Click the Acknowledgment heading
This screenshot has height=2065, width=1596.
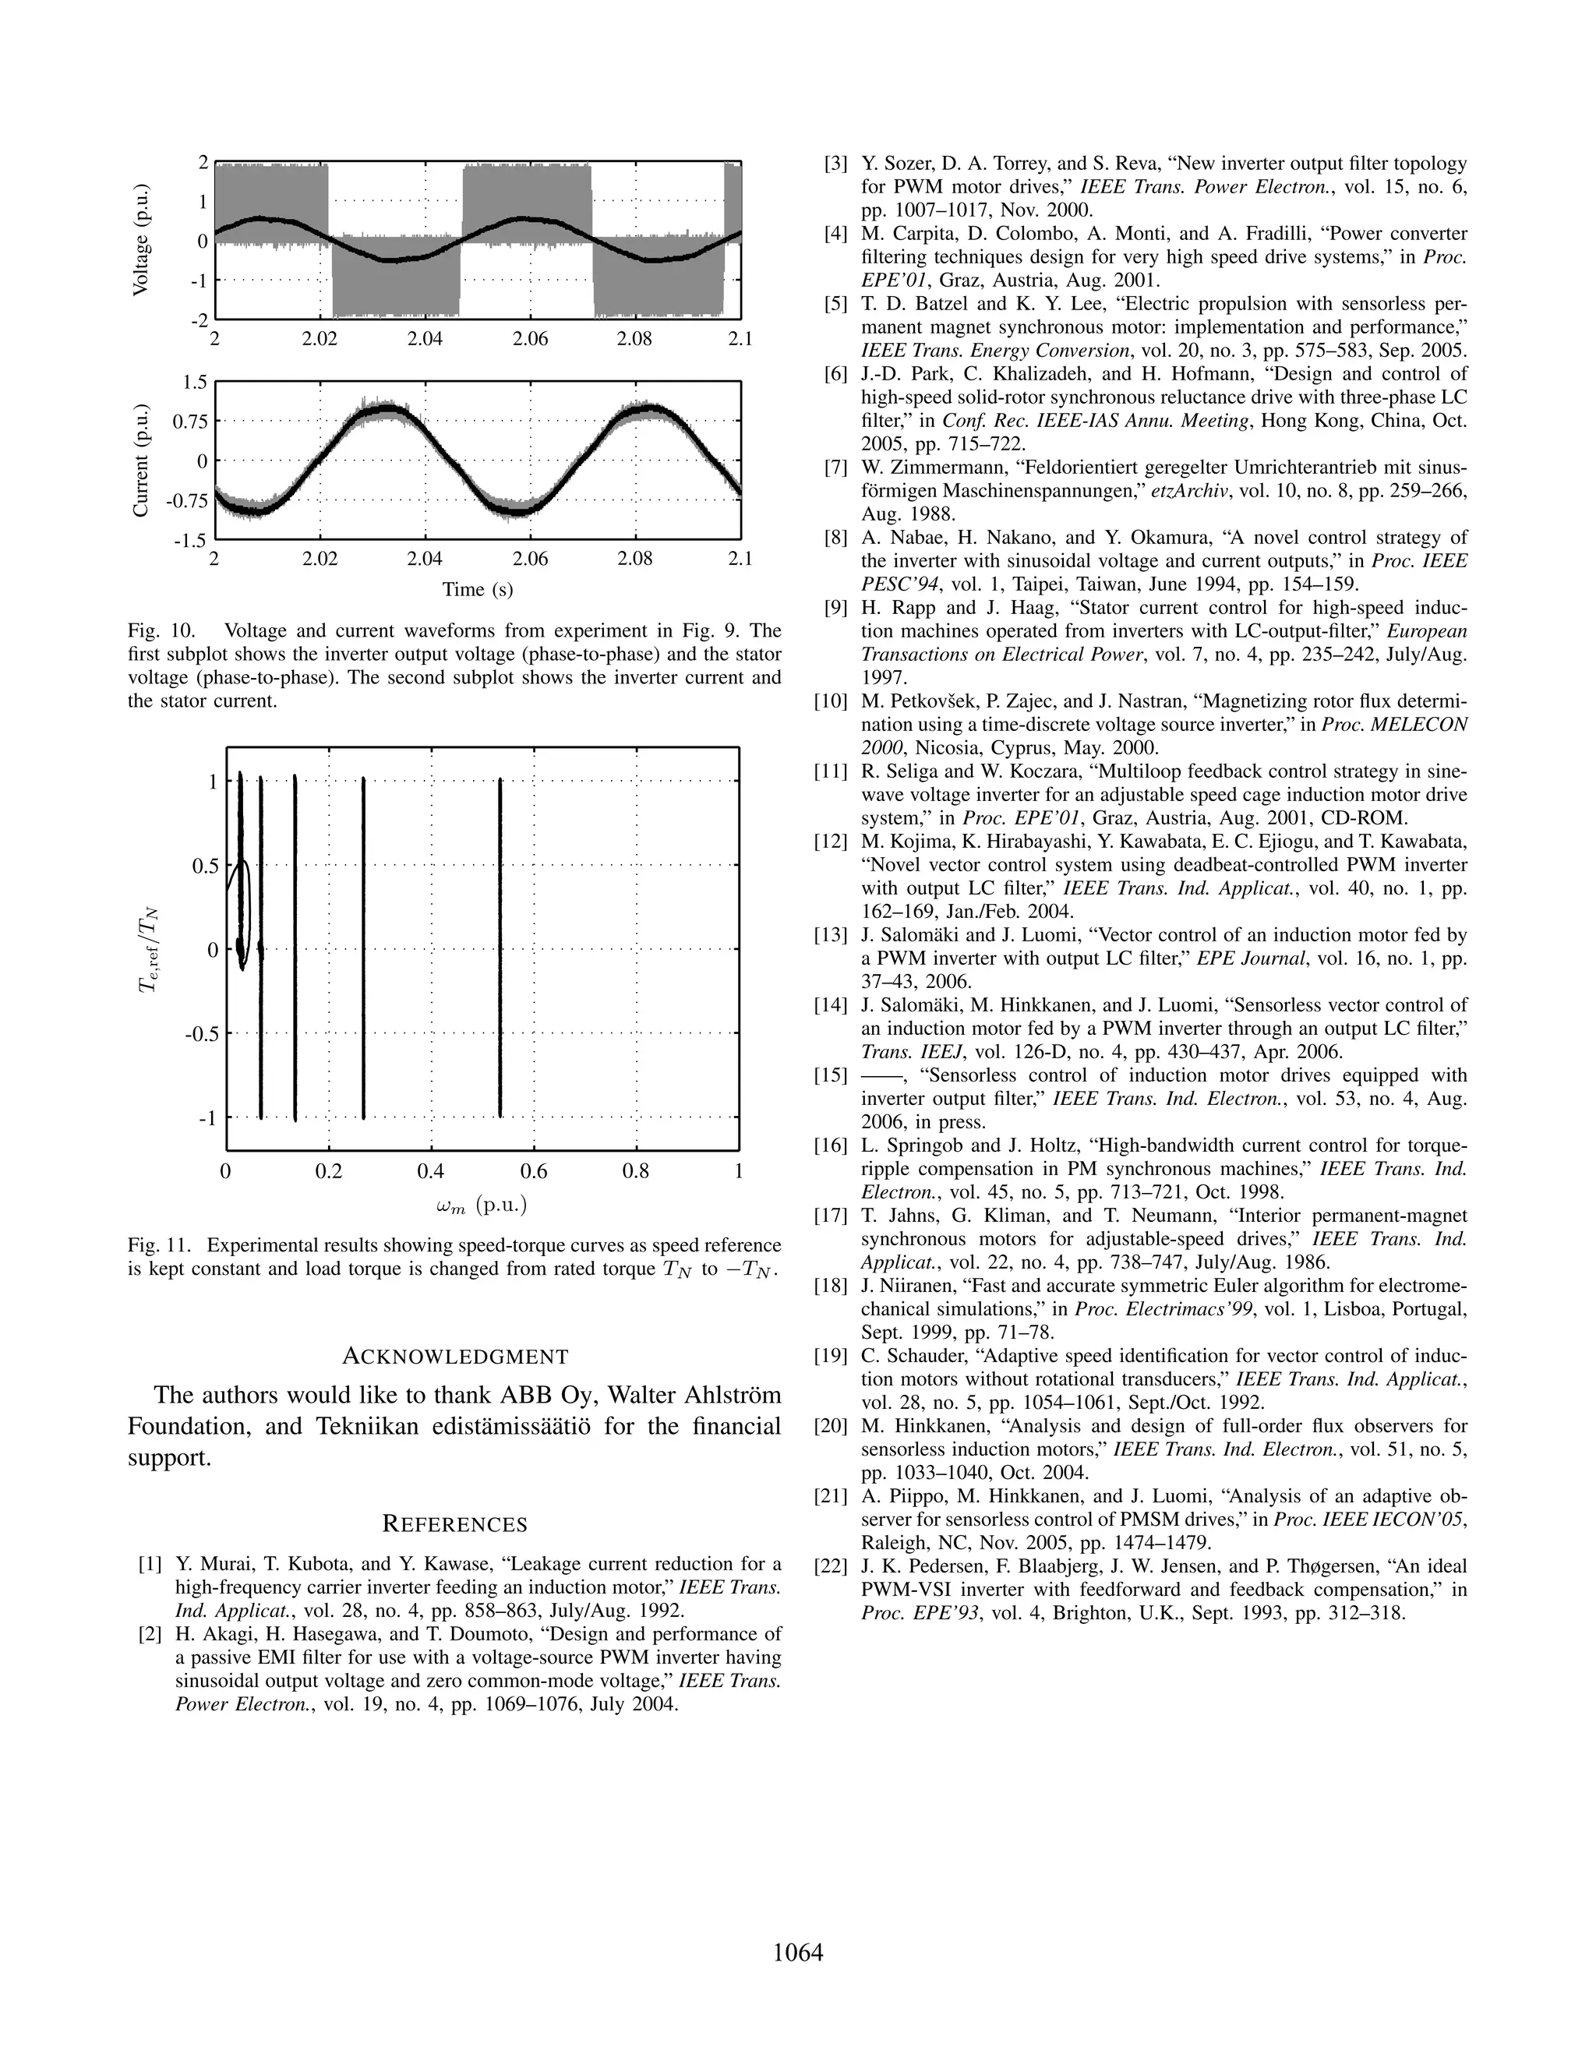click(x=455, y=1357)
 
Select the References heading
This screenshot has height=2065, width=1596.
click(x=455, y=1524)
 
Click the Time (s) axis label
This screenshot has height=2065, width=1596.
click(x=478, y=589)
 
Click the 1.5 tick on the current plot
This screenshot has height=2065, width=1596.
click(x=195, y=382)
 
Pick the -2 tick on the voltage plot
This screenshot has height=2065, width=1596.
click(x=199, y=319)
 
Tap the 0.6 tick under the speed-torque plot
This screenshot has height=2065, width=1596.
click(x=533, y=1171)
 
